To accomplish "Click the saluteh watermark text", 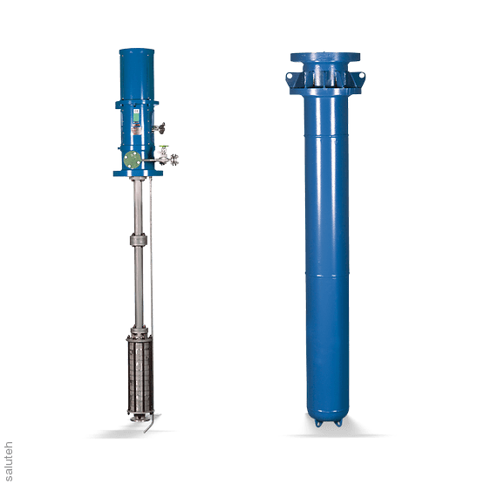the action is tap(9, 461).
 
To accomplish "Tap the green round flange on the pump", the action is tap(133, 160).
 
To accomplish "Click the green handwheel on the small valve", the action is tap(164, 147).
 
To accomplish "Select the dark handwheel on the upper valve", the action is tap(162, 128).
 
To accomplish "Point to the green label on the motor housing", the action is tap(136, 117).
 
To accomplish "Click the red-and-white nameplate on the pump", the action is tap(136, 130).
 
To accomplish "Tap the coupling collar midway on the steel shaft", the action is tap(139, 240).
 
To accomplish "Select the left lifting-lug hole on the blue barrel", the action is tap(290, 76).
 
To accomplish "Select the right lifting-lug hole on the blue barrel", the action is tap(362, 76).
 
